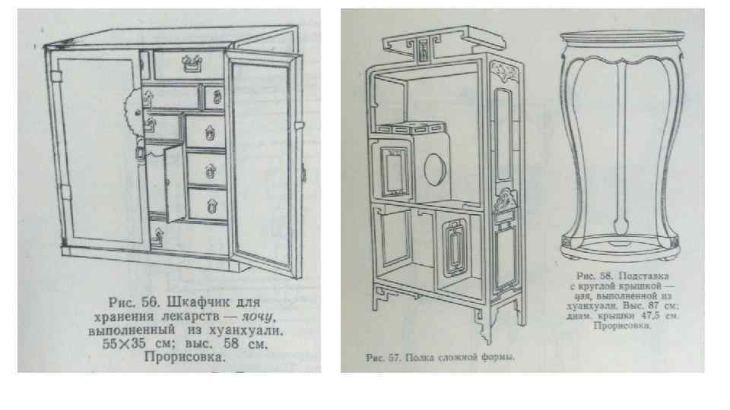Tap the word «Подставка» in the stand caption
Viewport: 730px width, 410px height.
[640, 276]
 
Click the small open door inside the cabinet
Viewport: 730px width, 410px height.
[163, 186]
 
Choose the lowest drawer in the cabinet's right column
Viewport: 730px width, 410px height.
[207, 203]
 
